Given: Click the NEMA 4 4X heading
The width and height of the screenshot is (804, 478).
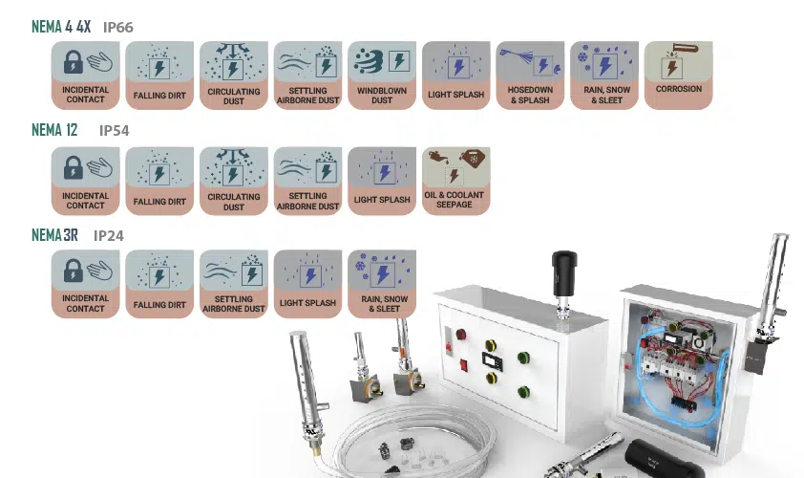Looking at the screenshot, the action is tap(61, 27).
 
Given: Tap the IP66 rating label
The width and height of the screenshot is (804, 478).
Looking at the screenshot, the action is tap(118, 27).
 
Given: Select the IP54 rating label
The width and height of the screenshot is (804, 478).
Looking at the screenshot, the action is tap(114, 130).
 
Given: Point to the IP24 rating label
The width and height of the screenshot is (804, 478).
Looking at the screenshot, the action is tap(108, 236).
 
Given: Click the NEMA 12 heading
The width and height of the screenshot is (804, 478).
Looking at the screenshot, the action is tap(54, 130).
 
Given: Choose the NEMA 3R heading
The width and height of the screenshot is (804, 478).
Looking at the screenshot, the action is tap(54, 235).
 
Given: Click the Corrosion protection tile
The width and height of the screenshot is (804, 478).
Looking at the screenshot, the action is tap(678, 76).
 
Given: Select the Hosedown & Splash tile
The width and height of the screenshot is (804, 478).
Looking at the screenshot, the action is tap(530, 76).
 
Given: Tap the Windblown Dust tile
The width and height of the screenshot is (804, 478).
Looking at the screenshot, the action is tap(382, 76).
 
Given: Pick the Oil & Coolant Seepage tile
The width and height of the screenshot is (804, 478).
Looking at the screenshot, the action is tap(455, 181).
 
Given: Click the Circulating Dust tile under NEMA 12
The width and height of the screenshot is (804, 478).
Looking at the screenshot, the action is tap(234, 181).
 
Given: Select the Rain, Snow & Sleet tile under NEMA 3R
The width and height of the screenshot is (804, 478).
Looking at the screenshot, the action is tap(382, 284).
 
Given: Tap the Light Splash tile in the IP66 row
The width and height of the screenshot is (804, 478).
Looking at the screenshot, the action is tap(455, 76).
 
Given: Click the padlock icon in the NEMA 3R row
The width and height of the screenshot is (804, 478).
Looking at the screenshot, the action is tap(73, 271).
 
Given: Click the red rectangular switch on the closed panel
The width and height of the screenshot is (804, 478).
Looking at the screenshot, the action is tap(464, 365).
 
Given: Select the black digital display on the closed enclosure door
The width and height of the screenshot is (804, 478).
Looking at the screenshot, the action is tap(493, 361).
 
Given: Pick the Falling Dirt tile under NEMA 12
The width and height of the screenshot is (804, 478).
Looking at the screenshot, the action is tap(159, 181).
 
